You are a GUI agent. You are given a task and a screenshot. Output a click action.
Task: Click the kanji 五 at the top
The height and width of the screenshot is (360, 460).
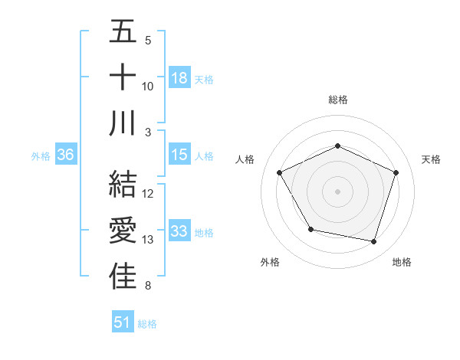(x=123, y=33)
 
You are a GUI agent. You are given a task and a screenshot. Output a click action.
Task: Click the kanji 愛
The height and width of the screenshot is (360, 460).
(x=123, y=231)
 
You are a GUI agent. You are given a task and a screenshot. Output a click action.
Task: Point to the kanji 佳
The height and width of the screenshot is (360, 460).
(x=123, y=277)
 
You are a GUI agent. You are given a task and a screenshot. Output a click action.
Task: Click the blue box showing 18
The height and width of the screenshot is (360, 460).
(x=179, y=77)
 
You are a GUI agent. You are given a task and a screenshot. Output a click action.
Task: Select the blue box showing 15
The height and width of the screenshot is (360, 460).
(x=179, y=155)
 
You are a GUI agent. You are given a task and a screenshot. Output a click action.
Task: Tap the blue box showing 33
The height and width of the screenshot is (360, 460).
(x=179, y=231)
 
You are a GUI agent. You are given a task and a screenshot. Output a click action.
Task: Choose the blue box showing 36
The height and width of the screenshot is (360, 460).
(x=66, y=155)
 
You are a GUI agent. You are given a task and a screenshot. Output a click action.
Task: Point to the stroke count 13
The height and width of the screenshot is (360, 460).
(x=148, y=240)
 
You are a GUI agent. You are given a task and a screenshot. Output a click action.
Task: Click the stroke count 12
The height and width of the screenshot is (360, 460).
(x=148, y=194)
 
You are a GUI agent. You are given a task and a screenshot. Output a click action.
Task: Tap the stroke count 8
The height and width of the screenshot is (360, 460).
(x=148, y=286)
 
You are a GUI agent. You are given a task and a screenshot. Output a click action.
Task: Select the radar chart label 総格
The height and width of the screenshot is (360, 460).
(x=338, y=100)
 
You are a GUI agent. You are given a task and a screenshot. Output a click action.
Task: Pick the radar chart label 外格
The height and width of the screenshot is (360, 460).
(x=270, y=262)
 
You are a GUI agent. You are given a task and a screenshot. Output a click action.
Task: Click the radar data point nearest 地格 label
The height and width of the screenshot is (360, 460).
(x=373, y=241)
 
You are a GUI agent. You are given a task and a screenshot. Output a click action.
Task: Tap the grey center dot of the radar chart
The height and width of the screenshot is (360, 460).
(x=337, y=191)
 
